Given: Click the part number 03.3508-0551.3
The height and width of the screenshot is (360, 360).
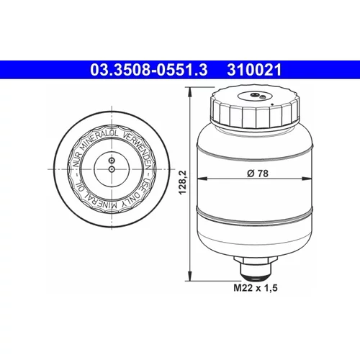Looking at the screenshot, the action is coord(149,70).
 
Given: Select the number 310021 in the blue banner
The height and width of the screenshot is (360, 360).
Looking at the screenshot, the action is coord(254,70).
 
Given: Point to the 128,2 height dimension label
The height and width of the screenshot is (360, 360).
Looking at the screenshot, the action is coord(184,182).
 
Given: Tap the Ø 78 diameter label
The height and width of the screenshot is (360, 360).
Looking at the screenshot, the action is coord(258,174).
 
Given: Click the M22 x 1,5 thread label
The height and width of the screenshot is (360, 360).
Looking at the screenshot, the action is coord(256,287).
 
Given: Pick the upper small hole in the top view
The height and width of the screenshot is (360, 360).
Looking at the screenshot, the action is coord(112,160).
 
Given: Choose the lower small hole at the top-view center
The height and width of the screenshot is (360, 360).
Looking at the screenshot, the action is coord(112,169).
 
